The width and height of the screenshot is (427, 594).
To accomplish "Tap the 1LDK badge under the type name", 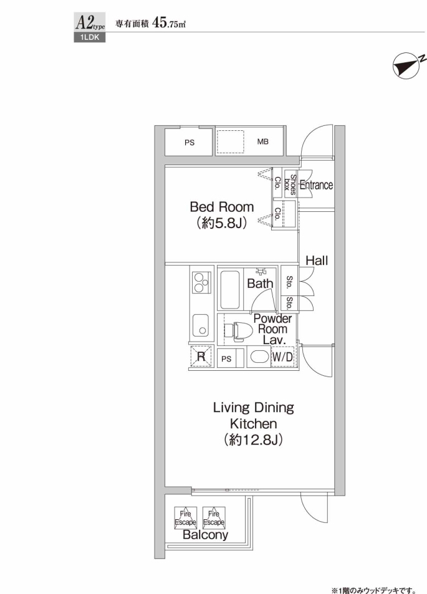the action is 89,37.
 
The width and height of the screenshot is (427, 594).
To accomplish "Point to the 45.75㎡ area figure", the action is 168,23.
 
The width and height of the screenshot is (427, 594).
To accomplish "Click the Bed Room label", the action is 222,207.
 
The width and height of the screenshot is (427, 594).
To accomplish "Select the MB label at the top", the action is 262,141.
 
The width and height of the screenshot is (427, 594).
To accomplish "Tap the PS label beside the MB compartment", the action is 190,143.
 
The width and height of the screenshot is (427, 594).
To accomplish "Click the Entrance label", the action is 317,185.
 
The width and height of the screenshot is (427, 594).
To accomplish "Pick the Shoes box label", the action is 290,184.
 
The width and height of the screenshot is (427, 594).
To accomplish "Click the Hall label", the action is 317,261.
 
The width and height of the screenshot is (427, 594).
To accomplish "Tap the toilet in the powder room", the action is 239,332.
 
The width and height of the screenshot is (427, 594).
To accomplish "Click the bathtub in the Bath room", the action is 229,289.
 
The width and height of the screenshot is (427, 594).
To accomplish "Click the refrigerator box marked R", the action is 201,356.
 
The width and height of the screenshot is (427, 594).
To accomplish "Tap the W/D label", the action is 282,357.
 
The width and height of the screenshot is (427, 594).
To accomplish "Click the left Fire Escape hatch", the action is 185,518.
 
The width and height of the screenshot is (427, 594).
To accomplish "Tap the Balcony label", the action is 205,535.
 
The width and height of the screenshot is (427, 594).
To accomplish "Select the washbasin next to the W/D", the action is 259,357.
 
